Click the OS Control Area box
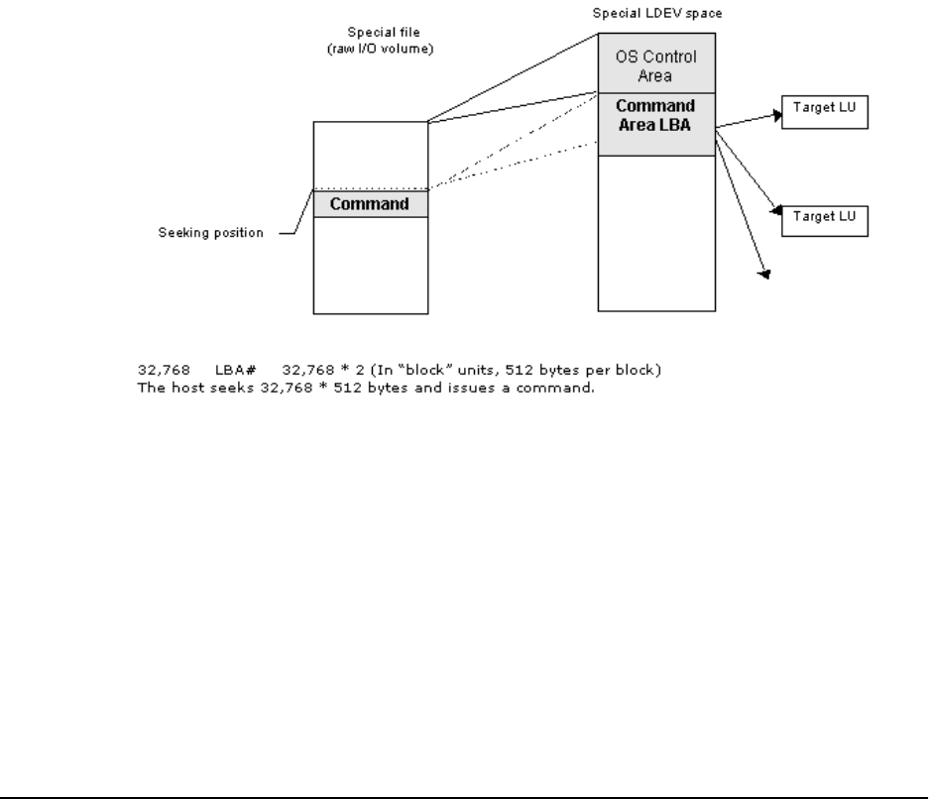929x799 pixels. click(655, 64)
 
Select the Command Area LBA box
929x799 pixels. click(655, 116)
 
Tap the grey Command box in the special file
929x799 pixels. click(370, 204)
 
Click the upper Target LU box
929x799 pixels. click(825, 113)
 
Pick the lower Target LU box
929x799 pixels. click(825, 222)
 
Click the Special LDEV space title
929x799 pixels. click(656, 15)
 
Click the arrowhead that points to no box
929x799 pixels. click(763, 273)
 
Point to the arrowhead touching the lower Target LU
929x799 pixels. click(775, 211)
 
